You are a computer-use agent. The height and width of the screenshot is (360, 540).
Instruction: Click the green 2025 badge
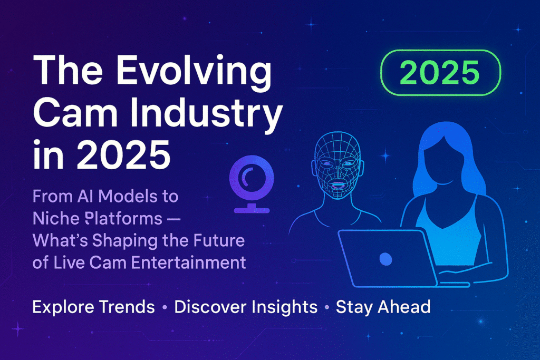point(440,73)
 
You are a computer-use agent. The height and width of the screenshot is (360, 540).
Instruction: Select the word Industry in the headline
point(206,112)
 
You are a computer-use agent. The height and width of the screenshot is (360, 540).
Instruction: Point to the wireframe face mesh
point(338,166)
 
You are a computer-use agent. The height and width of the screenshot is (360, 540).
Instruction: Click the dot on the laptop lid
point(385,259)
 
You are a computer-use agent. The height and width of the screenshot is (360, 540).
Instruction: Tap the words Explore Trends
point(93,307)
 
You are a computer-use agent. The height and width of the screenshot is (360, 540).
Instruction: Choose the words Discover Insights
point(246,307)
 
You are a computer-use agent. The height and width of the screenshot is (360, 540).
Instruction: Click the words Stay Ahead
point(383,307)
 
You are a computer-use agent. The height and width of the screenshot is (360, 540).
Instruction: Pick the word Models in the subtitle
point(123,197)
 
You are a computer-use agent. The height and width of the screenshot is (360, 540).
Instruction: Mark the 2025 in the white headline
point(123,154)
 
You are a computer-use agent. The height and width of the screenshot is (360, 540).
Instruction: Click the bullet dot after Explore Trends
point(165,307)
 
